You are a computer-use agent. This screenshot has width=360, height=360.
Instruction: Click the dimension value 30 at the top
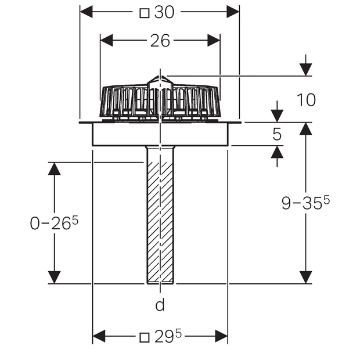coord(164,12)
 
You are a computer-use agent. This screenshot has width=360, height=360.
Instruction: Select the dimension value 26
coord(160,41)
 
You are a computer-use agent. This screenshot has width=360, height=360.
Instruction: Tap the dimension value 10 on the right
coord(306,100)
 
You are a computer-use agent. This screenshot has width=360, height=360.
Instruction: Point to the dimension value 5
coord(277,134)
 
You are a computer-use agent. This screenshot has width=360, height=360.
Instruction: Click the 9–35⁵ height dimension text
coord(305,203)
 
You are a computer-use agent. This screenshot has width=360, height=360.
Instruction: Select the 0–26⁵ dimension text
coord(54,223)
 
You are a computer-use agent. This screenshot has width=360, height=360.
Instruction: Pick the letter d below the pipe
coord(160,304)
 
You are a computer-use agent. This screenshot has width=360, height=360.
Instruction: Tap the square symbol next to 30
coord(145,13)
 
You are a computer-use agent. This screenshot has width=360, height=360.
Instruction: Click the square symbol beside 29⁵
coord(145,338)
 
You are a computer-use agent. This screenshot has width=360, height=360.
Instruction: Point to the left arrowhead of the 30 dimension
coord(86,12)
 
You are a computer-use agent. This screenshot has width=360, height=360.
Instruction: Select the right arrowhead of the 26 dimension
coord(214,41)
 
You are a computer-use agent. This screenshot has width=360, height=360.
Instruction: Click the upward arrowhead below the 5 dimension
coord(277,152)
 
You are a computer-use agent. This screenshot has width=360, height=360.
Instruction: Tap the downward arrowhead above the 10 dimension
coord(306,70)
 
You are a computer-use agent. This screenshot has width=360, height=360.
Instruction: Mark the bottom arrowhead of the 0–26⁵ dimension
coord(55,278)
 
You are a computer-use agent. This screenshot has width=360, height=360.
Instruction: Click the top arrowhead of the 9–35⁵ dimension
coord(306,128)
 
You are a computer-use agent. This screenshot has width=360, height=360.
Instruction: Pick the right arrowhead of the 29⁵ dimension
coord(221,336)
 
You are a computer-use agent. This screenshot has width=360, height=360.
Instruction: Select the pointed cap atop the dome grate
coord(160,82)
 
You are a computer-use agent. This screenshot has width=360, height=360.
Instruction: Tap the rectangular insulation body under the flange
coord(160,134)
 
